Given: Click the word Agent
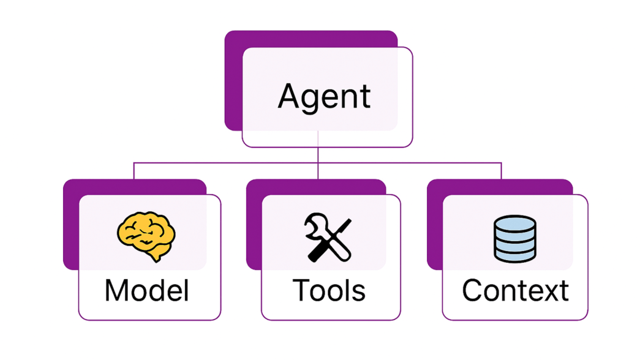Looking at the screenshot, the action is [x=324, y=97].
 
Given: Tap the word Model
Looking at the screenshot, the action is [x=147, y=291].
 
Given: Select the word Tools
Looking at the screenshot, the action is [x=329, y=291].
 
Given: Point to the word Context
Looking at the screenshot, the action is [x=515, y=291].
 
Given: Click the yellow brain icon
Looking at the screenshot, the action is [x=146, y=236].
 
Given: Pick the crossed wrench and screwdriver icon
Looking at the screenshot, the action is [x=328, y=237].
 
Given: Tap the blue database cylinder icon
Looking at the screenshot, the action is [x=514, y=239].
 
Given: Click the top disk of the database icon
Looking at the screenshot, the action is [x=514, y=223].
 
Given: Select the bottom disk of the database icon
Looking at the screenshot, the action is [x=514, y=255].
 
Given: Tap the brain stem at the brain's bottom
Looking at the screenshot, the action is [x=155, y=257].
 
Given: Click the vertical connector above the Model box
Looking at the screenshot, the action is [x=134, y=171].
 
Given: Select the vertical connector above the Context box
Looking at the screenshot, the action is [x=501, y=171].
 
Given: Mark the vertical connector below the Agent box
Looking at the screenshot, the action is [x=318, y=155].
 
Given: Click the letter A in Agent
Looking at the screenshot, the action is [x=288, y=96].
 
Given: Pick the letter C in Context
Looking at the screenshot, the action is [x=473, y=291].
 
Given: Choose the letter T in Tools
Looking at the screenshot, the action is [x=302, y=291].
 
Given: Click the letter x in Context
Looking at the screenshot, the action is [x=548, y=293].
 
